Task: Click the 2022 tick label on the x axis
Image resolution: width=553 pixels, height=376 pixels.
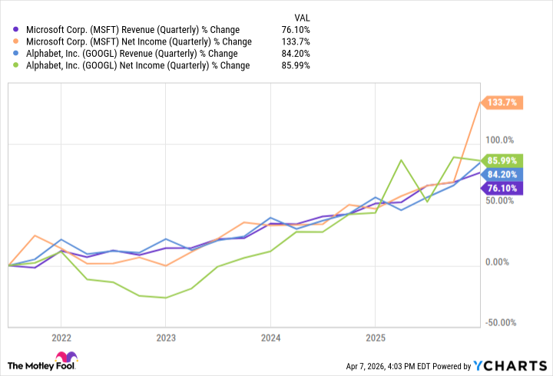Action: [x=61, y=338]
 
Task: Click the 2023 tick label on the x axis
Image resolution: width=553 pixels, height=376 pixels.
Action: [x=166, y=338]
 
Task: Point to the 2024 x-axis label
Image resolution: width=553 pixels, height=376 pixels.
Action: [x=270, y=338]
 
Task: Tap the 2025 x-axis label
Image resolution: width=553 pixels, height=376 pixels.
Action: [x=375, y=338]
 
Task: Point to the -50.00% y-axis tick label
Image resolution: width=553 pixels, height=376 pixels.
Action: [x=499, y=323]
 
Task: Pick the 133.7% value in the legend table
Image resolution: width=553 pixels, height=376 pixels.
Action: [x=296, y=41]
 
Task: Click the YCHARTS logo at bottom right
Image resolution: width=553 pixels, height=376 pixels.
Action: [x=513, y=364]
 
